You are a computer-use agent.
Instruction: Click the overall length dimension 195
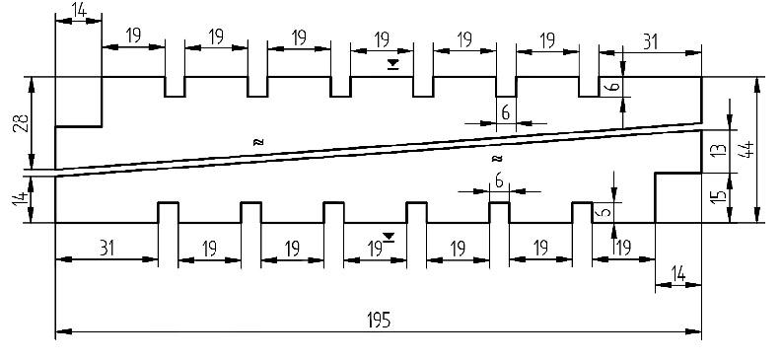378,320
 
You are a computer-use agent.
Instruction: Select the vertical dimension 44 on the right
748,149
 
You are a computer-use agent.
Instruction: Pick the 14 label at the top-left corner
79,10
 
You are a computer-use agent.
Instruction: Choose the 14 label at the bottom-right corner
678,274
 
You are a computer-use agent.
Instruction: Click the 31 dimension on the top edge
650,41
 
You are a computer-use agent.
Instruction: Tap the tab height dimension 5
604,212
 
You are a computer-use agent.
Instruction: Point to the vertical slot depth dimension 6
615,86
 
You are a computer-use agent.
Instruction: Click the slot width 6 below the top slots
506,113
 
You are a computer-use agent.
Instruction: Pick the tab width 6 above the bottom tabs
499,182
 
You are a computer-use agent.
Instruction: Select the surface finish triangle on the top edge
393,64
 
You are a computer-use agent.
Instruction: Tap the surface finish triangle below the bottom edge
389,238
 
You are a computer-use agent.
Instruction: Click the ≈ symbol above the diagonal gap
257,142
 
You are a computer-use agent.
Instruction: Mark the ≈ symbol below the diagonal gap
497,159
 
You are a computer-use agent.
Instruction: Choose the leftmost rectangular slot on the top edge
176,87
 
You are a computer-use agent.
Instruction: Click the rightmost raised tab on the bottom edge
582,212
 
